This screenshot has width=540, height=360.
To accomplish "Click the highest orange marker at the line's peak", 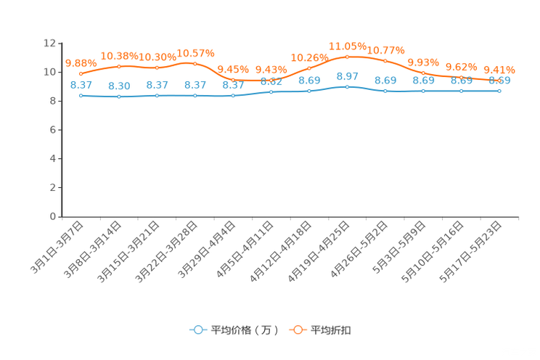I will [347, 57].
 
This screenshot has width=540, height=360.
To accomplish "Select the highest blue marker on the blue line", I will [347, 86].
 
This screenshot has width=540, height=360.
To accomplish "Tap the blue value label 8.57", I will [348, 76].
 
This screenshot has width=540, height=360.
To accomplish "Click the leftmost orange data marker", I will [81, 73].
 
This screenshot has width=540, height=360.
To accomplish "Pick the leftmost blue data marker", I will [81, 96].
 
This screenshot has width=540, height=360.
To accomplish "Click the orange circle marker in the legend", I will [298, 330].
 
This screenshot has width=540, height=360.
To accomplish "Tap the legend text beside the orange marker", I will [332, 330].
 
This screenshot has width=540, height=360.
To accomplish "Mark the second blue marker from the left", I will [119, 97].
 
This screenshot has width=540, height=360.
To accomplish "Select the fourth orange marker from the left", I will [195, 64].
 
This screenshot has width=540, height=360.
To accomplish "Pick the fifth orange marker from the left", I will [233, 79].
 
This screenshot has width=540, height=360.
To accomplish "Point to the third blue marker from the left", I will [157, 96].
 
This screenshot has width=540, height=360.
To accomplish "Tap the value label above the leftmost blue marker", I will [81, 85].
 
